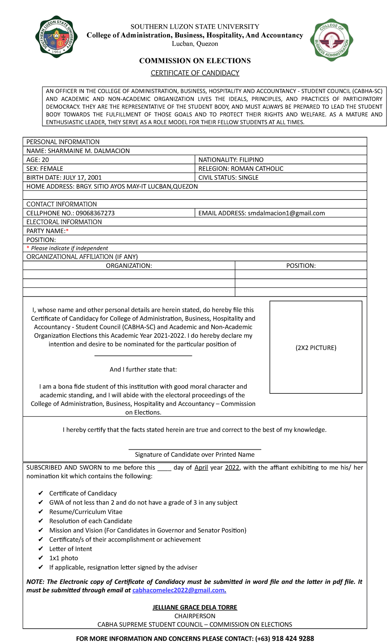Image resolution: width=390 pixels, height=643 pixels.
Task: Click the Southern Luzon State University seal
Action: (57, 37)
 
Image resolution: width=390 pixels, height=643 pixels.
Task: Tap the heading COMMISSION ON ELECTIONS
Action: (195, 61)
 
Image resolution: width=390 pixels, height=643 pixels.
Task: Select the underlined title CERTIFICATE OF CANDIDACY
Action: (195, 73)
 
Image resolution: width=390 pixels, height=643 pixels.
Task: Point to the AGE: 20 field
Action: (38, 160)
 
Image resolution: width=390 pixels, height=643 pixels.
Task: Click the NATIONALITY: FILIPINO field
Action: (231, 160)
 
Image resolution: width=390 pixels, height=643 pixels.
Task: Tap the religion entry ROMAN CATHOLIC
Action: (257, 169)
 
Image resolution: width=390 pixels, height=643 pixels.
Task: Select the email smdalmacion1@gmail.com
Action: (286, 213)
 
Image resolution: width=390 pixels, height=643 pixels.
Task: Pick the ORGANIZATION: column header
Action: (129, 266)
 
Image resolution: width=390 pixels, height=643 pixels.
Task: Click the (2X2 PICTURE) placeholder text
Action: (316, 348)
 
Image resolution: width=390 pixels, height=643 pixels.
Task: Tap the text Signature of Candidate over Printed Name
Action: (195, 455)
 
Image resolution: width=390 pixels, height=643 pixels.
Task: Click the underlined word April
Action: (201, 468)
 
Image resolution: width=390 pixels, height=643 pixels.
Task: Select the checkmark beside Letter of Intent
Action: (41, 549)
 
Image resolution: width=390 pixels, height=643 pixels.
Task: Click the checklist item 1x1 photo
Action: (63, 558)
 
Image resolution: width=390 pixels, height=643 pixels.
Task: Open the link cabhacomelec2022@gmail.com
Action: (179, 590)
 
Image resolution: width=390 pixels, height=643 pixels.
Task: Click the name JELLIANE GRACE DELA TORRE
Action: (195, 607)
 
